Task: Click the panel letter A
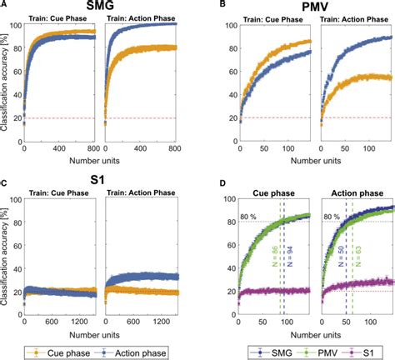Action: click(x=5, y=6)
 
